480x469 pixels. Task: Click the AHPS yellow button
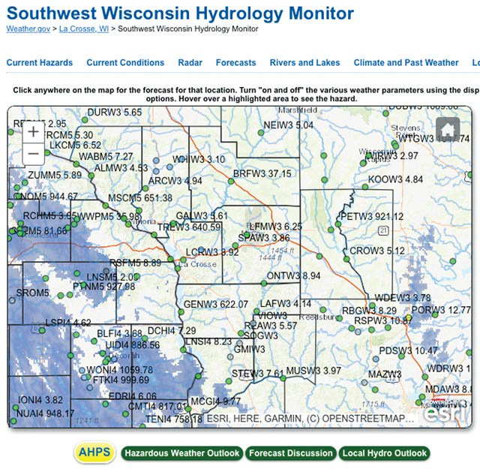click(94, 452)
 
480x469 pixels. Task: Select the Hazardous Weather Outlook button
click(181, 453)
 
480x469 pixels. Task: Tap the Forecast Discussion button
click(290, 453)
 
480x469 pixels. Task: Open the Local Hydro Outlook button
click(384, 453)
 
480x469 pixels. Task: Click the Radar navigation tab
click(190, 63)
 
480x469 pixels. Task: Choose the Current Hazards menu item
click(40, 63)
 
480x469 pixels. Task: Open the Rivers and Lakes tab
click(304, 63)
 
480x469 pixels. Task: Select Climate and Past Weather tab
click(406, 63)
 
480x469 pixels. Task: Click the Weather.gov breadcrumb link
click(26, 29)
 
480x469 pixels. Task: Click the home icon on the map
click(448, 130)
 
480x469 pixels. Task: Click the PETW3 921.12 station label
click(371, 216)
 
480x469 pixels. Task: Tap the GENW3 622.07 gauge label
click(215, 304)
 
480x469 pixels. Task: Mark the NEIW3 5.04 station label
click(289, 125)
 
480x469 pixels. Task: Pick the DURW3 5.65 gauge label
click(114, 112)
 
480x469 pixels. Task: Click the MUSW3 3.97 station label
click(313, 371)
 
